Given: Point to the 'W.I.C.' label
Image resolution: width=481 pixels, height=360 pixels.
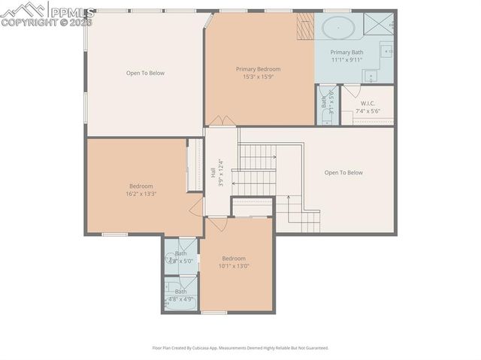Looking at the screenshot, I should coord(368,103).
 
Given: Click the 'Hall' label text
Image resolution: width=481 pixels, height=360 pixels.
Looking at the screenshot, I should coord(213,172).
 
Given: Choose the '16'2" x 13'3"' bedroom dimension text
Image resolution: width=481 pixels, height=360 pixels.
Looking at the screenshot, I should coord(141,194).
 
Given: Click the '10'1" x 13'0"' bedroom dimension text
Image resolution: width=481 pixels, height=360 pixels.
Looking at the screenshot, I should coord(234,266).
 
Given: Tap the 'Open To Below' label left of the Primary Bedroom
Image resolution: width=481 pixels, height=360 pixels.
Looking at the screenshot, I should coord(145,73).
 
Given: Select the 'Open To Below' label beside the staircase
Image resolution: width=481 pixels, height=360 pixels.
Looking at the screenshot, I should coord(343,173).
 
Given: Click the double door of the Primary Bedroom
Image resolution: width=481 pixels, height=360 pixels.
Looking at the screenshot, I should coord(221,121).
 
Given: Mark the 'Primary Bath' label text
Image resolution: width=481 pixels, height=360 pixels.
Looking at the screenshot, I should coord(346,52).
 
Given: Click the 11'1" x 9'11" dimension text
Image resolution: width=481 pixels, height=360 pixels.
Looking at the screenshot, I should coord(346,59).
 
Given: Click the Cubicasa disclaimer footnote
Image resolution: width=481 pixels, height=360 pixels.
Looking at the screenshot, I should coord(240,348).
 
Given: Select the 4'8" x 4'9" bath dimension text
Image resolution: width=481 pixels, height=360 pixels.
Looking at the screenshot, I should coord(181,298).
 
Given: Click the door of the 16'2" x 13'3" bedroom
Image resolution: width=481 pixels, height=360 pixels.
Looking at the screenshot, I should coord(197,207).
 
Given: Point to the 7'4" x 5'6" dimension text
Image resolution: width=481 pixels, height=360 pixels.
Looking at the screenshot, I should coord(368,111).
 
